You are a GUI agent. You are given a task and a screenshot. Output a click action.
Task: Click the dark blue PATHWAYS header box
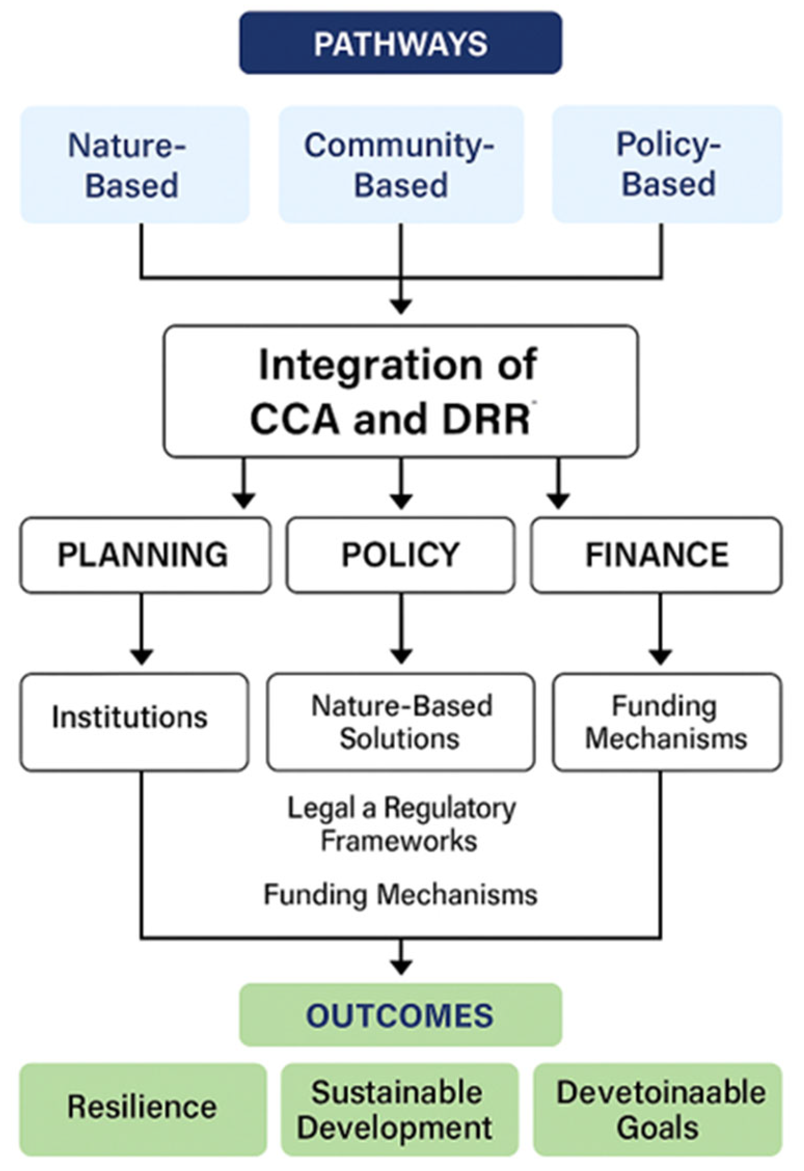click(x=400, y=43)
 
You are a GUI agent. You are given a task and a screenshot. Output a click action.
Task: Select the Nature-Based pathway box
click(x=134, y=164)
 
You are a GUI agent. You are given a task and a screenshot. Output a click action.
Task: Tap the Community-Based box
click(x=400, y=164)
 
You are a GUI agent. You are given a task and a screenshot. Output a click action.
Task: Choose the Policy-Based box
click(x=667, y=164)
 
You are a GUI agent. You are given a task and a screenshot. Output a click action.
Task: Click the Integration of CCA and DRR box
click(x=400, y=391)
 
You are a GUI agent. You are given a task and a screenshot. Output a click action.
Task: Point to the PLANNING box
click(x=145, y=555)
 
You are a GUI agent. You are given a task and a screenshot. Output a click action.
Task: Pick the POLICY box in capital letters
click(x=400, y=555)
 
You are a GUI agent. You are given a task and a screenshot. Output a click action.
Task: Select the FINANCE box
click(x=656, y=555)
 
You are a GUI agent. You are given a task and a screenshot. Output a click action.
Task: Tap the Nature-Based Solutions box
click(x=400, y=722)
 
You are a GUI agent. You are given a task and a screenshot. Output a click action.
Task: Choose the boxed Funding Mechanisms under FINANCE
click(x=666, y=722)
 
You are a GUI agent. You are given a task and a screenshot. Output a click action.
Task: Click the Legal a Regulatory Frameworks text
click(x=400, y=824)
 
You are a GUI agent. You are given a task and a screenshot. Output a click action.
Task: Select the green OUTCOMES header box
click(x=400, y=1015)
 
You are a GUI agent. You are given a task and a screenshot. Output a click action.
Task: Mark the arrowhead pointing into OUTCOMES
click(x=400, y=966)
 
